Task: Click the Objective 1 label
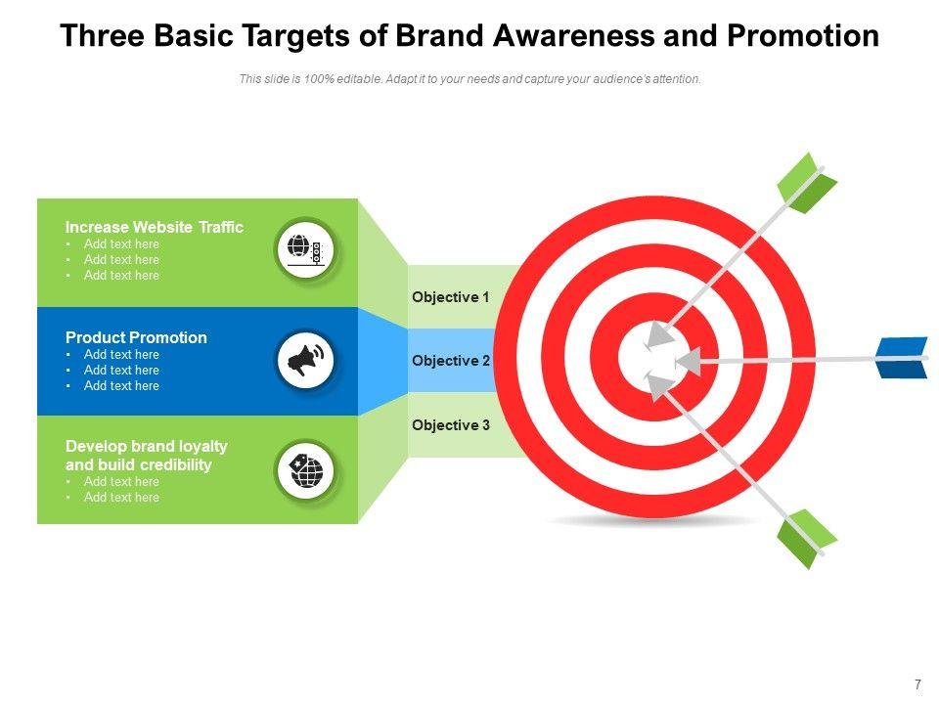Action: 450,297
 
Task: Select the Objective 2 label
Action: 450,361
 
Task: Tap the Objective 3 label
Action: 450,425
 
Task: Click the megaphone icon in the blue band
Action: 305,362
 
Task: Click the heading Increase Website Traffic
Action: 154,227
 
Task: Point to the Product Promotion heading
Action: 136,337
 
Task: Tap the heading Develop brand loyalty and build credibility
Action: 146,456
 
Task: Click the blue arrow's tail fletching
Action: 902,357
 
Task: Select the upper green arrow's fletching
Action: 806,182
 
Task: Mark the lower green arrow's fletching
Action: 806,538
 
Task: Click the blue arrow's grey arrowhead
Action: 689,362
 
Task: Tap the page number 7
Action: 917,684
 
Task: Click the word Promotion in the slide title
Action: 803,36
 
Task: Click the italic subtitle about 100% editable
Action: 469,79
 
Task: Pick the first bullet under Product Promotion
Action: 121,355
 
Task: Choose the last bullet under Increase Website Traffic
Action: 121,276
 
